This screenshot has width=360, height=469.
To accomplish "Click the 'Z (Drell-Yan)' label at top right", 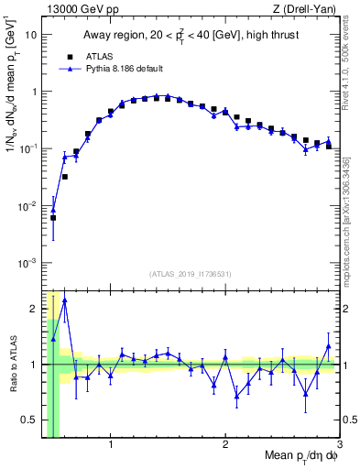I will click(310, 9).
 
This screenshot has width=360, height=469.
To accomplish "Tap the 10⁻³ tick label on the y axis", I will click(28, 263).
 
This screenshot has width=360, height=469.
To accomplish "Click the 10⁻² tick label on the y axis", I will click(28, 206).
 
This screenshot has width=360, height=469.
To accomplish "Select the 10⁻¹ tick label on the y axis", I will click(28, 148).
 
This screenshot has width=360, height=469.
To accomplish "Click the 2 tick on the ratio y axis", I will click(34, 308).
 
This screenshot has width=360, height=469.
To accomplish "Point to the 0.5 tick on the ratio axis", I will click(30, 420).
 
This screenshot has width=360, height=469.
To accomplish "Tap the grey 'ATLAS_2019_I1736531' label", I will click(191, 274).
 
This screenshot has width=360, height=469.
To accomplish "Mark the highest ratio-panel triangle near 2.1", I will click(64, 300).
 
